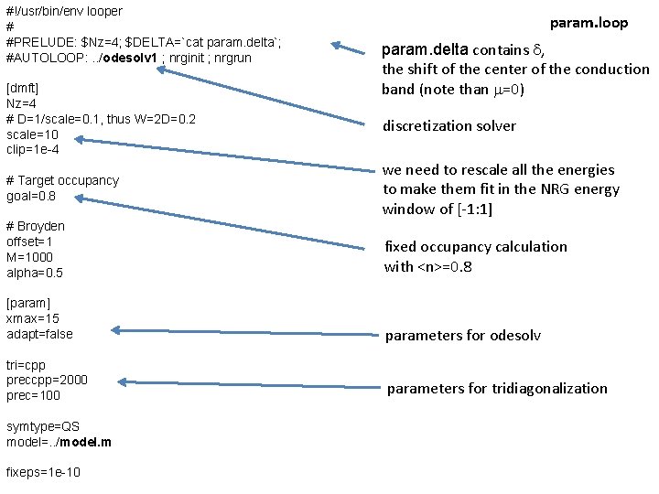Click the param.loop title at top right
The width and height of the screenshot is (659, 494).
[589, 23]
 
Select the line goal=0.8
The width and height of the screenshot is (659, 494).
[30, 196]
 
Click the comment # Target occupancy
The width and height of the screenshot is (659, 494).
[62, 180]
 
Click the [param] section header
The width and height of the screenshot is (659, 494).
[28, 303]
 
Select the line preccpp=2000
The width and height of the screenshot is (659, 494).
[47, 381]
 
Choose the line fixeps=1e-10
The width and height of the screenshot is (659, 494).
[43, 473]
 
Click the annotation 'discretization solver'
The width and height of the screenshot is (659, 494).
[448, 126]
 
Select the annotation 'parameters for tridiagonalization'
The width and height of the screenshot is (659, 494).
[496, 389]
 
